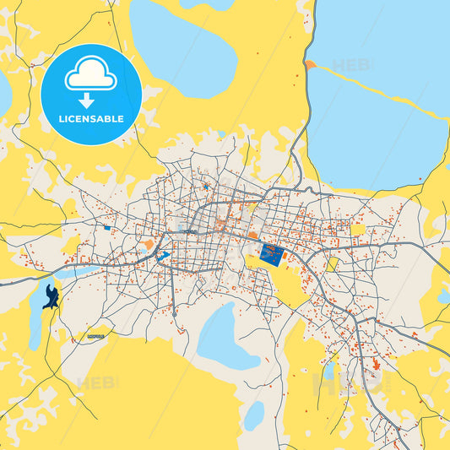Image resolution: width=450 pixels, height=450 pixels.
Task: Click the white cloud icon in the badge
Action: (91, 77)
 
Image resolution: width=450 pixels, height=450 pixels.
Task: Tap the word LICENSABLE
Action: (91, 119)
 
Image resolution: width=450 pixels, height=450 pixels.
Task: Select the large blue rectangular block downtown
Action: (272, 253)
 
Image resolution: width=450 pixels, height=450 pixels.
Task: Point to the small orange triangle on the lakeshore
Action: (311, 64)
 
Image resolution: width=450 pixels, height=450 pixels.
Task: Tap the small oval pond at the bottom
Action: (253, 415)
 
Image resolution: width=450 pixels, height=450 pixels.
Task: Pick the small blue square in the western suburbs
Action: (107, 227)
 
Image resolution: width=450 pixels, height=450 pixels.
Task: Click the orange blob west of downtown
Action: (149, 244)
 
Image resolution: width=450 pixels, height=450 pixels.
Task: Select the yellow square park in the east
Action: (358, 229)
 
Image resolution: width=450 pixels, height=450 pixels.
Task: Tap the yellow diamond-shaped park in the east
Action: (332, 264)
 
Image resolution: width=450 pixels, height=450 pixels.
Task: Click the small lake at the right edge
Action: (443, 295)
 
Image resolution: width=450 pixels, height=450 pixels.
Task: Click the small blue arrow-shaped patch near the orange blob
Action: (164, 254)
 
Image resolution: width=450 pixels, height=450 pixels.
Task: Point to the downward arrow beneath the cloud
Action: (91, 100)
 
